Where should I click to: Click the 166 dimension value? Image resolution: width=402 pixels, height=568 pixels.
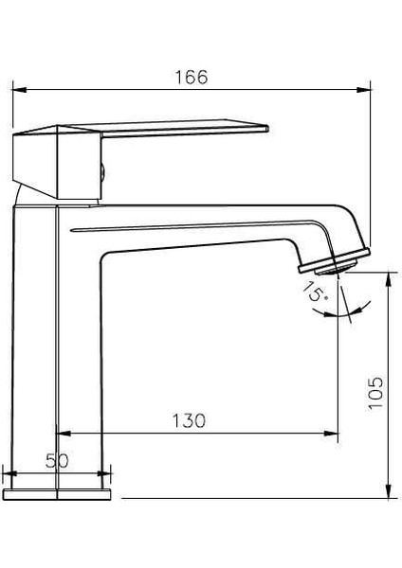click(x=192, y=77)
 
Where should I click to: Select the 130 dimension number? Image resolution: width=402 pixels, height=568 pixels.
click(x=188, y=420)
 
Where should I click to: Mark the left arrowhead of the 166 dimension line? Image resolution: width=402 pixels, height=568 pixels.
click(x=13, y=91)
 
